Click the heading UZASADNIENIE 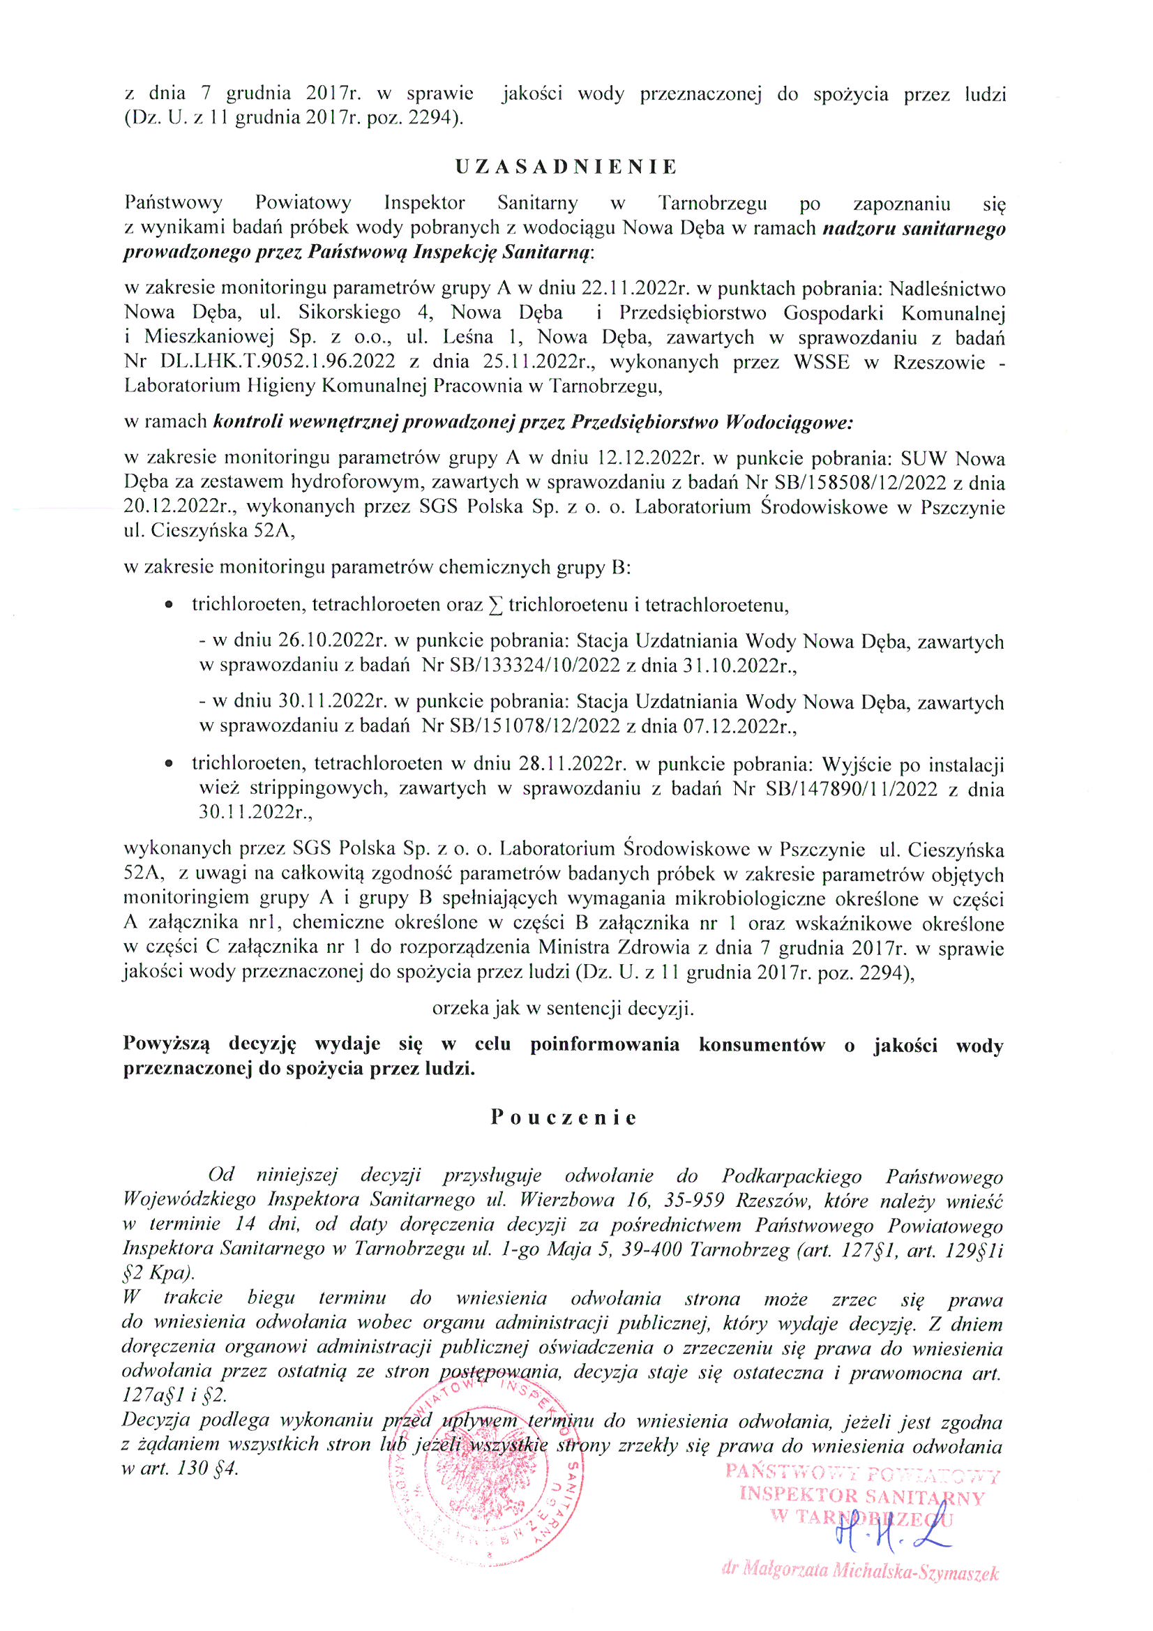pyautogui.click(x=566, y=167)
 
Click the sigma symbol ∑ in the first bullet pyautogui.click(x=495, y=606)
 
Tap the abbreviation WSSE pyautogui.click(x=821, y=361)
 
